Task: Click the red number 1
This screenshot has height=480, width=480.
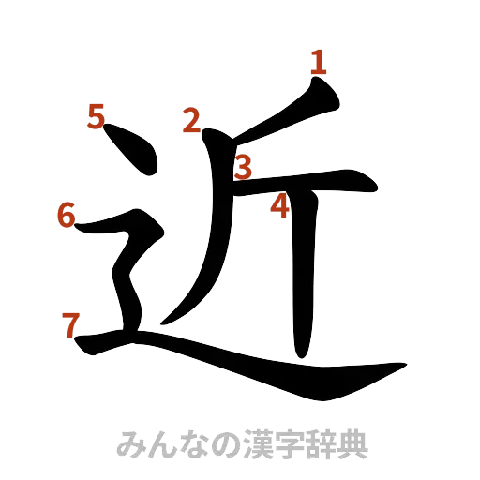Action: [318, 62]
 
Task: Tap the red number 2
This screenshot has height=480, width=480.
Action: [191, 121]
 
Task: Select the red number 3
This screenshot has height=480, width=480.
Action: [244, 167]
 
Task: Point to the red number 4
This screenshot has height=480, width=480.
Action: [280, 207]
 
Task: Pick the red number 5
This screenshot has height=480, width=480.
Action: [96, 117]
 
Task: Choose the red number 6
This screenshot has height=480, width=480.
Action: [65, 215]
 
